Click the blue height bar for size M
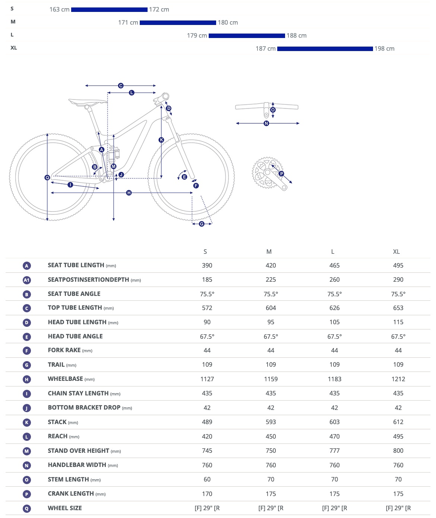pos(178,23)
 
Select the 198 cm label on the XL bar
pos(384,49)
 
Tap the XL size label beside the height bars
pos(14,48)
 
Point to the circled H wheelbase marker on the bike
pos(129,193)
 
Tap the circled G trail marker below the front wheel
pos(202,224)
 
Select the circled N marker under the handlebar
pos(266,123)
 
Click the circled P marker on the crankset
pos(281,174)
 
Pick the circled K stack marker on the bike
pos(161,140)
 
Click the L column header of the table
pos(333,252)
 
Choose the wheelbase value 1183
pos(334,379)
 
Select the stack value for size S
pos(207,422)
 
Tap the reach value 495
pos(398,436)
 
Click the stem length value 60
pos(207,479)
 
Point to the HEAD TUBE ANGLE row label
pos(75,336)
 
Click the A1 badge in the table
pos(26,280)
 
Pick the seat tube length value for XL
pos(398,265)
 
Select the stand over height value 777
pos(334,451)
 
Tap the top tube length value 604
pos(271,308)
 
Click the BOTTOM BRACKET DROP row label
pos(84,408)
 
